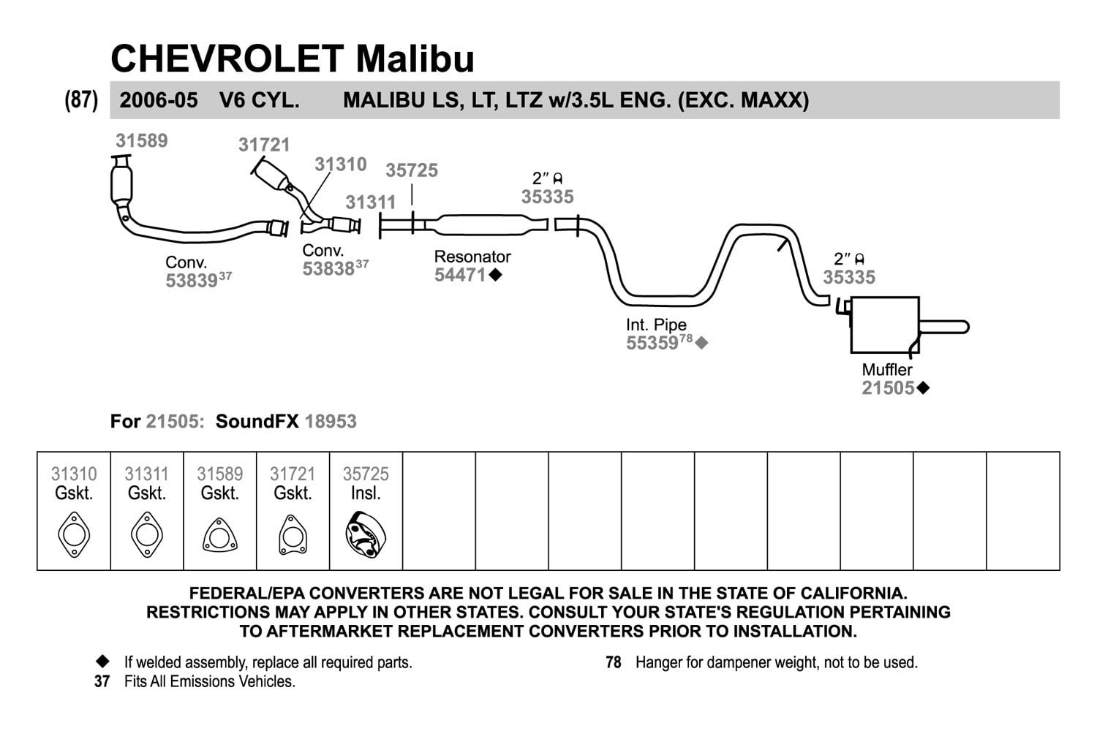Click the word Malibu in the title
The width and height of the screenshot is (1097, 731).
click(415, 58)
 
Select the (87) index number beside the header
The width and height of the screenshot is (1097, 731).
click(81, 100)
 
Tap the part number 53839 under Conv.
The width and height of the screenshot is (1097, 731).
click(192, 281)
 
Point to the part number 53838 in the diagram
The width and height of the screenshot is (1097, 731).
click(328, 269)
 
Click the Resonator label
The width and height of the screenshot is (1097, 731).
click(472, 257)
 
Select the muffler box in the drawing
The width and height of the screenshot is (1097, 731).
click(884, 325)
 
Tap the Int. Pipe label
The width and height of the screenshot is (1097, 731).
click(656, 324)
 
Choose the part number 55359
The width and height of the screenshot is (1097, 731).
click(652, 343)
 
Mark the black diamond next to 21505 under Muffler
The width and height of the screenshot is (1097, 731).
click(923, 388)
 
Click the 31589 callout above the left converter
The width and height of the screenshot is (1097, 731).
click(142, 141)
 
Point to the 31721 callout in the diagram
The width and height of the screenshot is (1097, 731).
click(264, 145)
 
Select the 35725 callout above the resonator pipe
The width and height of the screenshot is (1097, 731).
click(411, 170)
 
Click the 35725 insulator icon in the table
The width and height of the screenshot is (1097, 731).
click(366, 534)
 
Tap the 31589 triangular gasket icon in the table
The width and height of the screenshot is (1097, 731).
click(220, 535)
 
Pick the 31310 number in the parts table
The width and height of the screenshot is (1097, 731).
click(74, 474)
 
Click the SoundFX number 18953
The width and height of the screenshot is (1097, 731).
click(331, 422)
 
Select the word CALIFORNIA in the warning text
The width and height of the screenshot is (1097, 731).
click(853, 593)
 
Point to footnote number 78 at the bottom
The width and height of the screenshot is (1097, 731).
click(613, 662)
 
